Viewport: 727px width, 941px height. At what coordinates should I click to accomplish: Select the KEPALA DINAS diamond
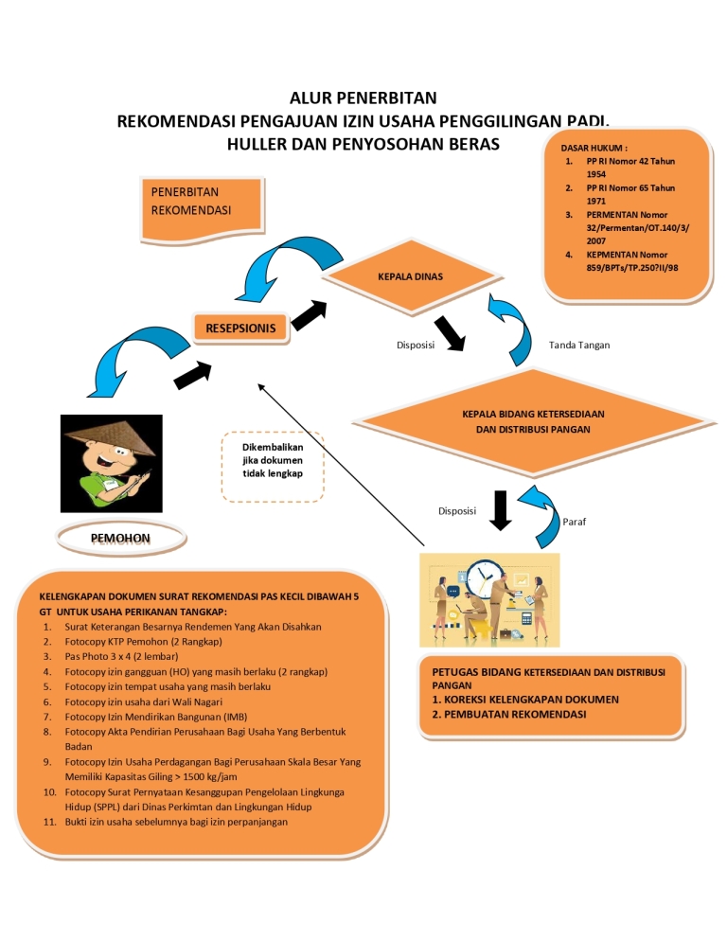click(410, 277)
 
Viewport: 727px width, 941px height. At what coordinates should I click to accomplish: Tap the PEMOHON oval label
click(120, 539)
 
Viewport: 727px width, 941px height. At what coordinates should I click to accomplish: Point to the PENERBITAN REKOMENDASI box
click(201, 202)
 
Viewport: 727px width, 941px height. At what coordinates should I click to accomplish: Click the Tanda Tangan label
click(579, 345)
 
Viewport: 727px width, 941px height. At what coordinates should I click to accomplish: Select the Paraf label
click(574, 522)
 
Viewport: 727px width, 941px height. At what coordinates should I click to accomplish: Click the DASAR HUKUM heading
click(594, 148)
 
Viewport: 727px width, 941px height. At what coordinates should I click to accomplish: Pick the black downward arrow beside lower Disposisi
click(502, 510)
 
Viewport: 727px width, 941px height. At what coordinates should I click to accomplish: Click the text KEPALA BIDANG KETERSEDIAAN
click(533, 415)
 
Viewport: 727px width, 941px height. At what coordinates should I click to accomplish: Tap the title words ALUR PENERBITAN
click(363, 98)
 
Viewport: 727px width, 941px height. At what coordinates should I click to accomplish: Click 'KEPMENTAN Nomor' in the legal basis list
click(627, 255)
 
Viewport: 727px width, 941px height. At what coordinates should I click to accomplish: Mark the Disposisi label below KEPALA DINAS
click(415, 345)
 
